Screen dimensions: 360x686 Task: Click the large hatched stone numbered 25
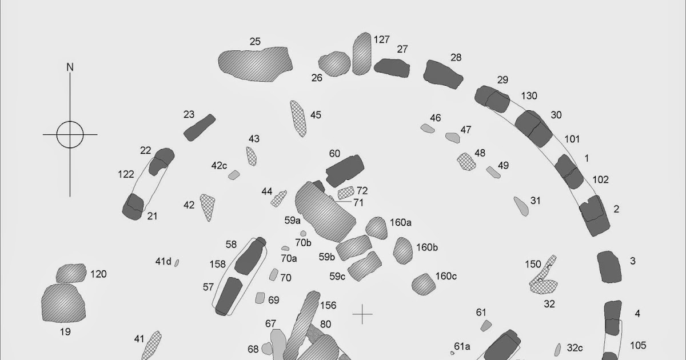click(254, 63)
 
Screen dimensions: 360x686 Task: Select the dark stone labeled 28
click(443, 75)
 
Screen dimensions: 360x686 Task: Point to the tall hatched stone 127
click(362, 54)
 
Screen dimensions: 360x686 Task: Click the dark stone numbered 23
click(199, 127)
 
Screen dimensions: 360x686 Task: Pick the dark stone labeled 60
click(344, 170)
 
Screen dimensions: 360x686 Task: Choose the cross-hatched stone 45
click(298, 118)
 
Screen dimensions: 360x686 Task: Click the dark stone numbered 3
click(609, 267)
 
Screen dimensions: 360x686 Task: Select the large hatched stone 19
click(63, 302)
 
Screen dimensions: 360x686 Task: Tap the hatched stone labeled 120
click(71, 274)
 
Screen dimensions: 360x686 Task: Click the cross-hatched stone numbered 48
click(466, 161)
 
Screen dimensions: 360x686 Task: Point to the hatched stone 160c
click(424, 283)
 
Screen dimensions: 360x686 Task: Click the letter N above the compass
click(70, 67)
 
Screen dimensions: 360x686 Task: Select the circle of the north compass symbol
click(70, 135)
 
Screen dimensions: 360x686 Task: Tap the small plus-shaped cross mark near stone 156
click(362, 314)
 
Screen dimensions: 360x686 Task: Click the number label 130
click(529, 95)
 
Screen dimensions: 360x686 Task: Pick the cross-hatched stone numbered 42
click(208, 207)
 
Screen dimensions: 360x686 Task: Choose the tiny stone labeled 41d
click(177, 263)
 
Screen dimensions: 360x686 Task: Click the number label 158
click(218, 265)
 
